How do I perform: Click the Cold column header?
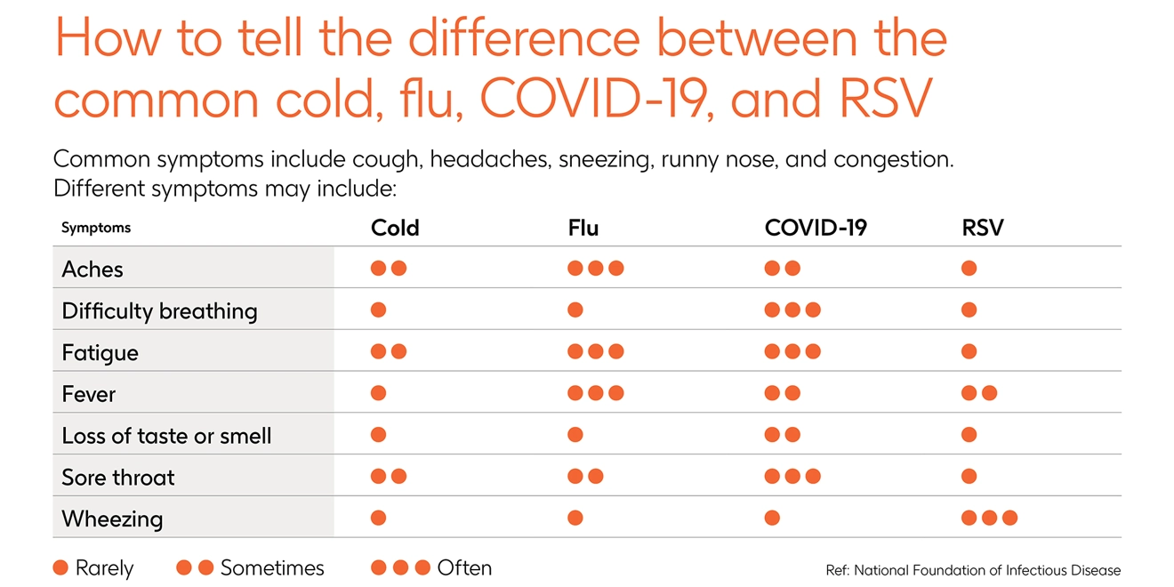[x=395, y=228]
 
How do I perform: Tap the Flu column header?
[x=583, y=228]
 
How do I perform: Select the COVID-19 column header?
[x=816, y=228]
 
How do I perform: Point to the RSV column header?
[x=982, y=228]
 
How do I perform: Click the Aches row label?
[x=92, y=269]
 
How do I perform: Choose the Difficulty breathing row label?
[x=159, y=310]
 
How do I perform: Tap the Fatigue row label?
[x=100, y=352]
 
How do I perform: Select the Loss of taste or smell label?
[x=166, y=436]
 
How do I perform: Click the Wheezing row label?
[x=112, y=519]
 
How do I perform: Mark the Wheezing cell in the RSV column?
[x=989, y=518]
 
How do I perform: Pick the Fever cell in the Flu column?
[x=595, y=393]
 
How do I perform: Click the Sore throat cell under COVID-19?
[x=792, y=476]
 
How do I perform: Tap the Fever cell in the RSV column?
[x=978, y=393]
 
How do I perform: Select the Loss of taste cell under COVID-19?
[x=783, y=435]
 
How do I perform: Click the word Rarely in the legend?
[x=104, y=568]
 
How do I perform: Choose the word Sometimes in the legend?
[x=272, y=567]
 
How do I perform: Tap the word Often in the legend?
[x=464, y=567]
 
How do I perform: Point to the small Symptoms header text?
[x=96, y=228]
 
